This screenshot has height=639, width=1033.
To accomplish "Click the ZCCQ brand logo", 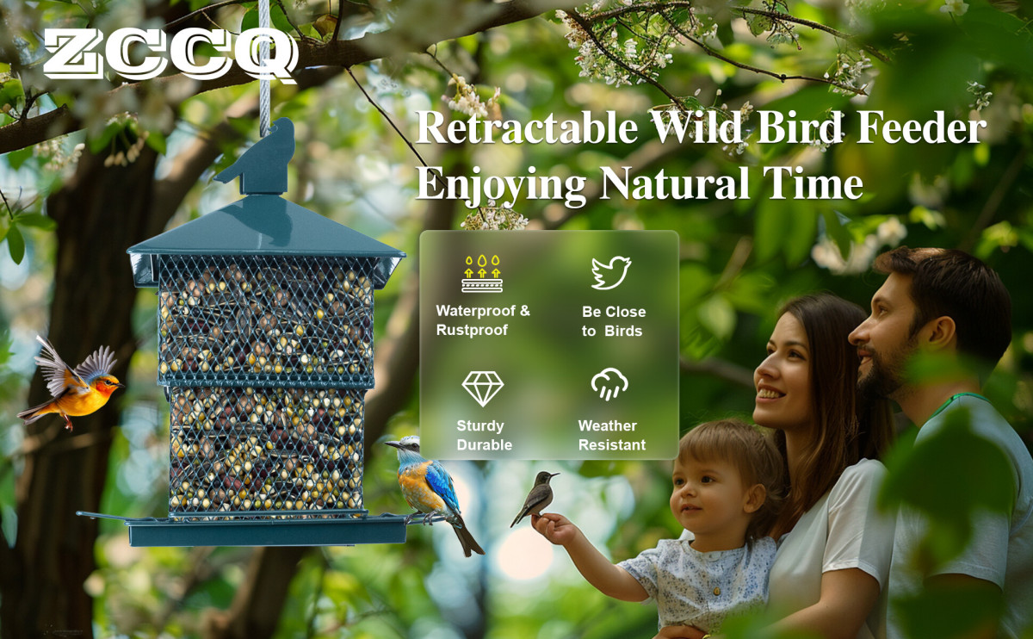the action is pyautogui.click(x=170, y=54).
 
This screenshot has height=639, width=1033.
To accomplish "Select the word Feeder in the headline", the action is pyautogui.click(x=921, y=127).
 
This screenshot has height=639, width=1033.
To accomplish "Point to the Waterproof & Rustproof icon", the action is pyautogui.click(x=482, y=273).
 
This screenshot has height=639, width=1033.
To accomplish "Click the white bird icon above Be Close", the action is pyautogui.click(x=611, y=272).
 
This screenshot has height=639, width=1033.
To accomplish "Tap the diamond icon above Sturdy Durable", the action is pyautogui.click(x=482, y=388).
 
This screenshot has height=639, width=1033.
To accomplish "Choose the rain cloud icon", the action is pyautogui.click(x=609, y=384).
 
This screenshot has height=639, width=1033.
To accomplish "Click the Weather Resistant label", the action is pyautogui.click(x=611, y=435).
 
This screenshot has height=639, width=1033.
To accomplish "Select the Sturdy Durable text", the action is pyautogui.click(x=484, y=435).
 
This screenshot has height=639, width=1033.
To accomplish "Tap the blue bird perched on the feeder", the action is pyautogui.click(x=434, y=493).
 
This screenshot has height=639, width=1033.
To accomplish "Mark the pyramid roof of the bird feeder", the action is pyautogui.click(x=266, y=226).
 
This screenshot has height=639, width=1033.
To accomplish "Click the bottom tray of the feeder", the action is pyautogui.click(x=267, y=531).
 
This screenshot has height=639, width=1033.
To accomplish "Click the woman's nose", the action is pyautogui.click(x=762, y=367).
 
